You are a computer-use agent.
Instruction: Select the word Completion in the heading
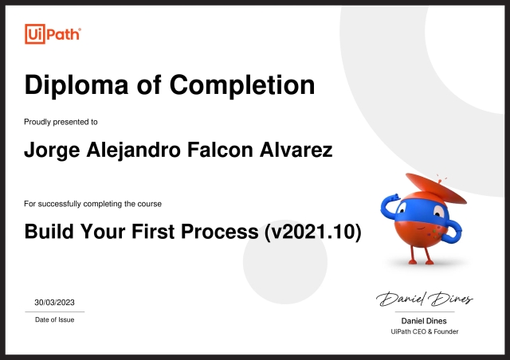point(243,84)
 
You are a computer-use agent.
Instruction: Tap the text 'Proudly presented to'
point(61,122)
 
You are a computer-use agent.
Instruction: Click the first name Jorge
point(52,150)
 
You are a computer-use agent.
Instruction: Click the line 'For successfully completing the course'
point(92,205)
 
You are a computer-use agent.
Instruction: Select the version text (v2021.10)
point(313,233)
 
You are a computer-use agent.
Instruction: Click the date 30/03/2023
point(55,303)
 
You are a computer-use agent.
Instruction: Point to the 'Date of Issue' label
point(55,319)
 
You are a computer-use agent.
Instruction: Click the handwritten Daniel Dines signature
point(425,299)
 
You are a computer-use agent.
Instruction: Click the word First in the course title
point(154,233)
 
